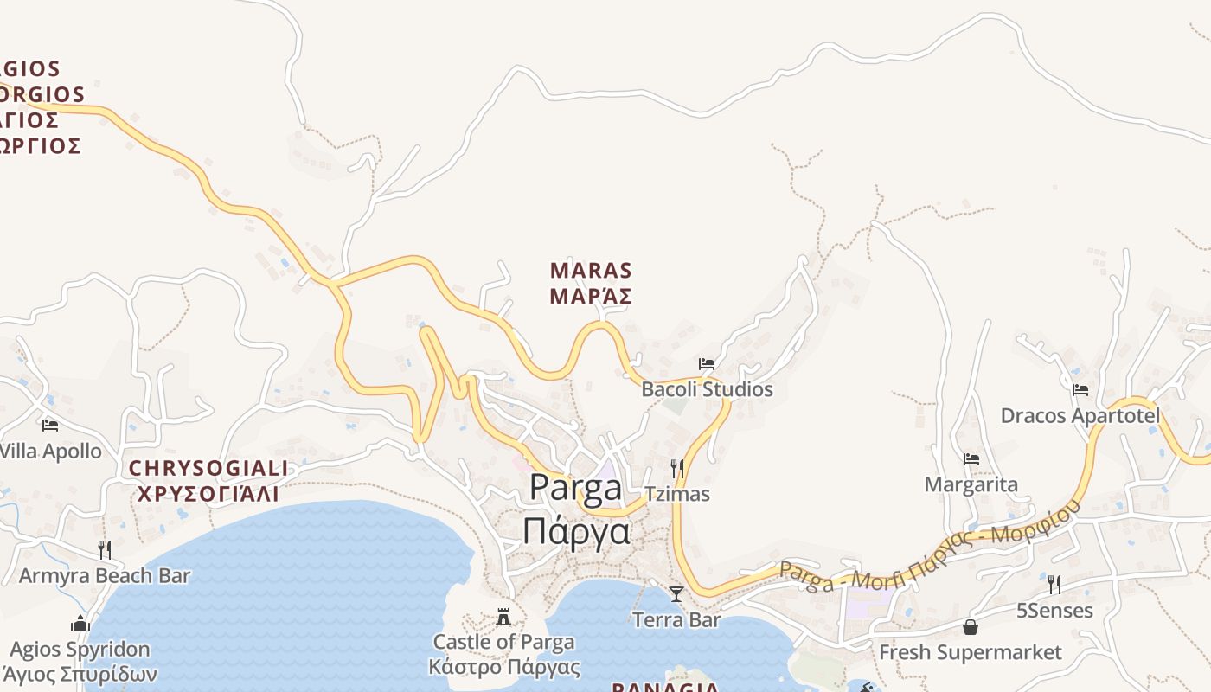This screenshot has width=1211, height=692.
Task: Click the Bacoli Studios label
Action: tap(707, 389)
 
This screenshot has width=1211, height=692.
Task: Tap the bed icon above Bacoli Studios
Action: tap(707, 364)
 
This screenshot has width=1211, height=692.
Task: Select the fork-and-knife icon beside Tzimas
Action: tap(677, 469)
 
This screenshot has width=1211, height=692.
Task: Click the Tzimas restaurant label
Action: tap(677, 494)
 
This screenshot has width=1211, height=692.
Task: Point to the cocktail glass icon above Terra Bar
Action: tap(676, 594)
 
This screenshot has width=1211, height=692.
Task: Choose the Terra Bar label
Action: tap(676, 619)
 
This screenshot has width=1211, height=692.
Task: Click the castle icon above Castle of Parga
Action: tap(503, 617)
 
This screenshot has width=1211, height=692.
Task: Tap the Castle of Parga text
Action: tap(503, 642)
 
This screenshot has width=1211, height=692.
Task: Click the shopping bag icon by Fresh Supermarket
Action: tap(971, 627)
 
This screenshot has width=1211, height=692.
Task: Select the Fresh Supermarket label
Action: tap(971, 652)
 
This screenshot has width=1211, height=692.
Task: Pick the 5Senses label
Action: tap(1054, 611)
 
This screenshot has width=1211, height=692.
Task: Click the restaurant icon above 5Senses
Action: tap(1054, 585)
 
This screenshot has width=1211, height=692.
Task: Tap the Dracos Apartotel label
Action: tap(1080, 416)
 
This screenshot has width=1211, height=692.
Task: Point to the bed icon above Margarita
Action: tap(971, 459)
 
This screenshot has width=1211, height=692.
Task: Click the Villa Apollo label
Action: tap(50, 451)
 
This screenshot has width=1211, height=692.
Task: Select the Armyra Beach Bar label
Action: tap(105, 575)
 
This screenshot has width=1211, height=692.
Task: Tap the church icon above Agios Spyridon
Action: tap(80, 624)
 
